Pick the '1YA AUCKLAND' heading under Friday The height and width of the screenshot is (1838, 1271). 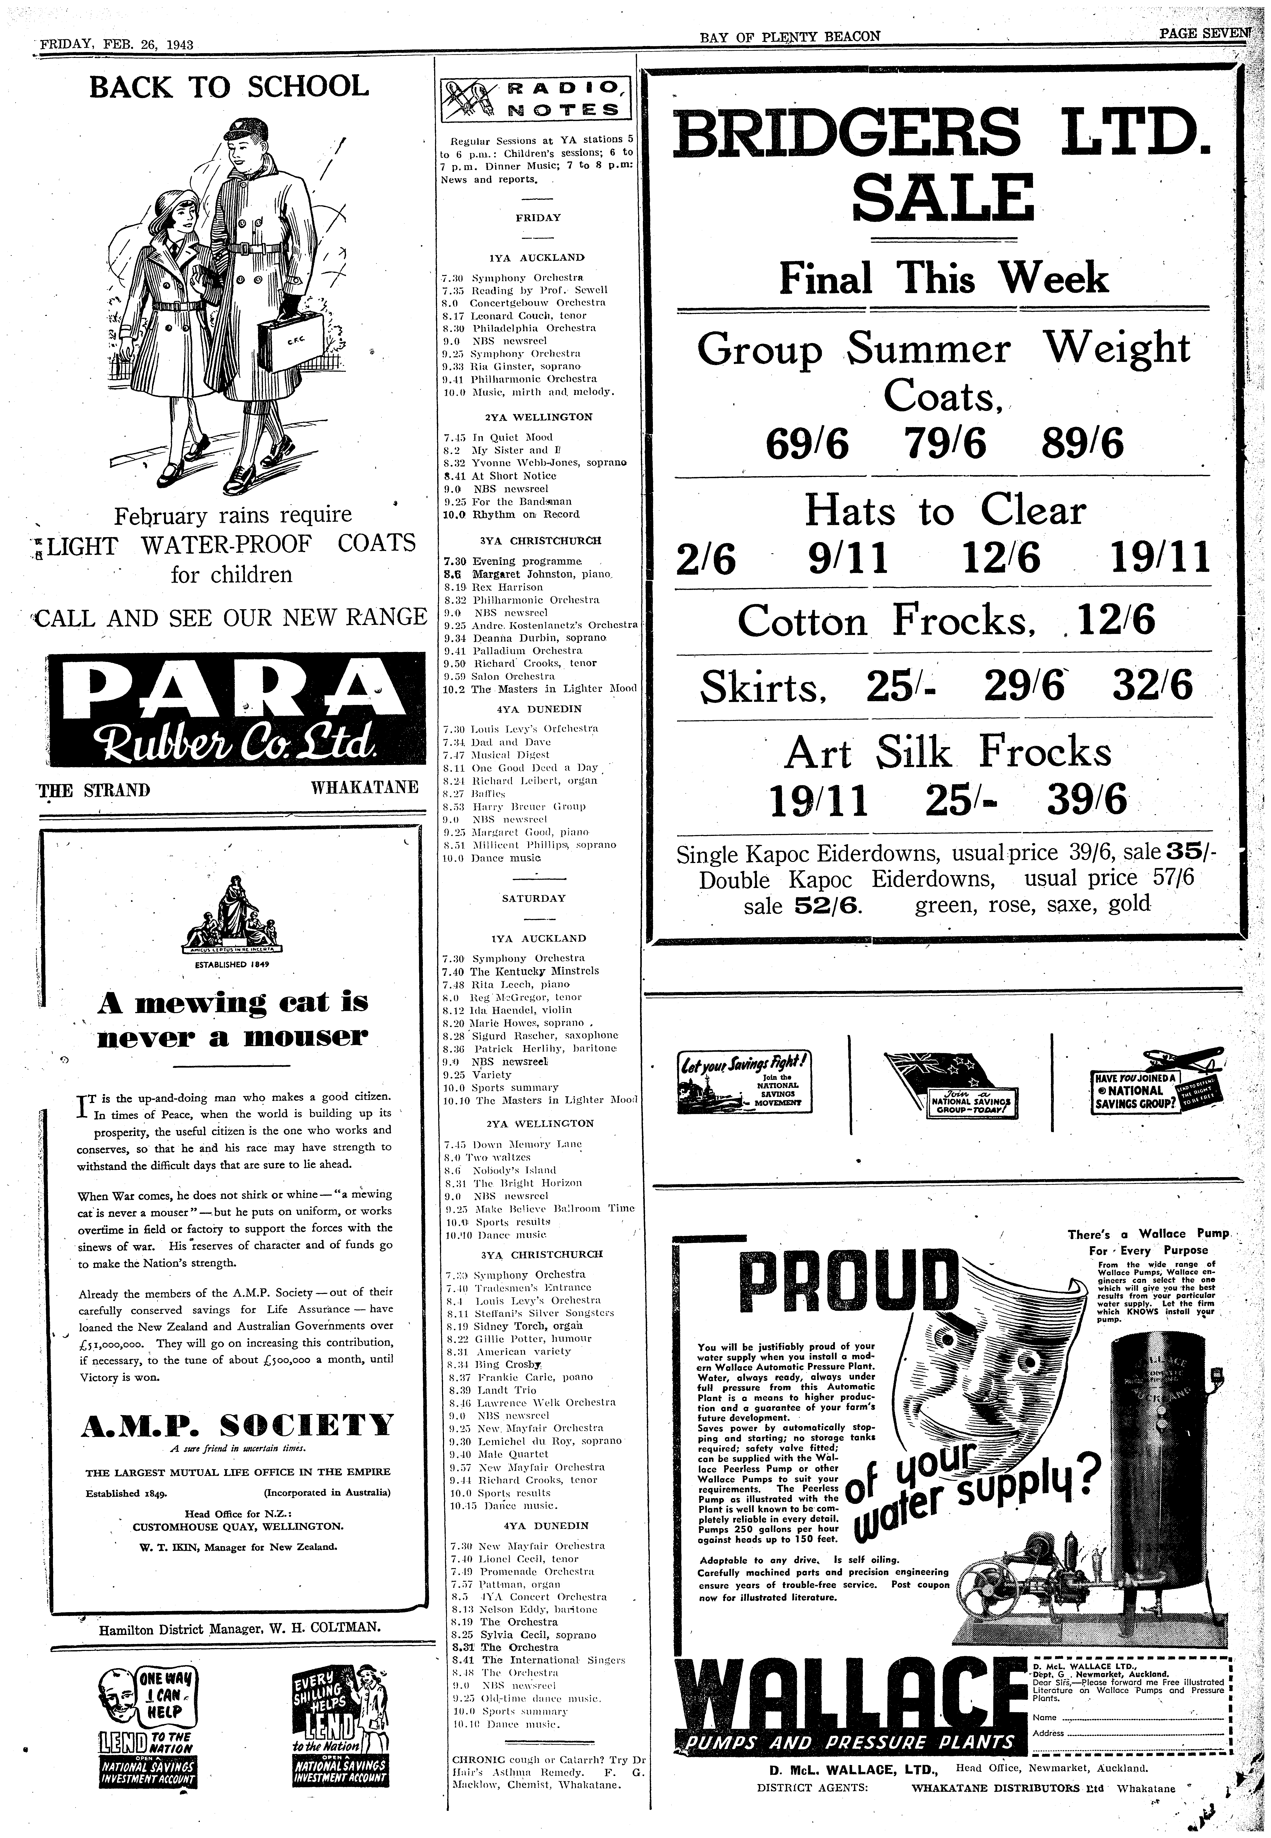[536, 258]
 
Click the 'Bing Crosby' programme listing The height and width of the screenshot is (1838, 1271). [500, 1364]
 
